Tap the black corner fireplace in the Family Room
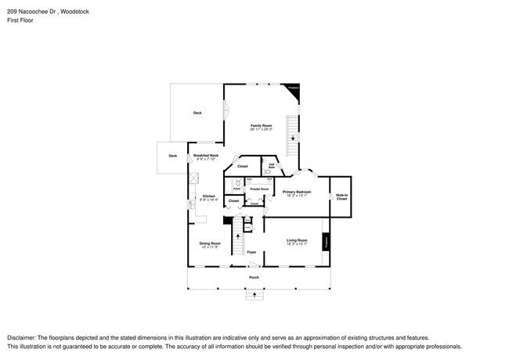(294, 91)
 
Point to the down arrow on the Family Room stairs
(293, 139)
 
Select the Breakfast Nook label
(207, 157)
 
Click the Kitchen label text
(209, 197)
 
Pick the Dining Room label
(210, 244)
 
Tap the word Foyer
(251, 252)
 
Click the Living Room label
(296, 241)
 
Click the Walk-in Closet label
(341, 197)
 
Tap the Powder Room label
(259, 189)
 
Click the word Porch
(254, 278)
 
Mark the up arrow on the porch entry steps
(254, 295)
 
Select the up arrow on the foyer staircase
(233, 223)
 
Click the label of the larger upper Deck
(197, 113)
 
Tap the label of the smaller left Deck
(172, 156)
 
